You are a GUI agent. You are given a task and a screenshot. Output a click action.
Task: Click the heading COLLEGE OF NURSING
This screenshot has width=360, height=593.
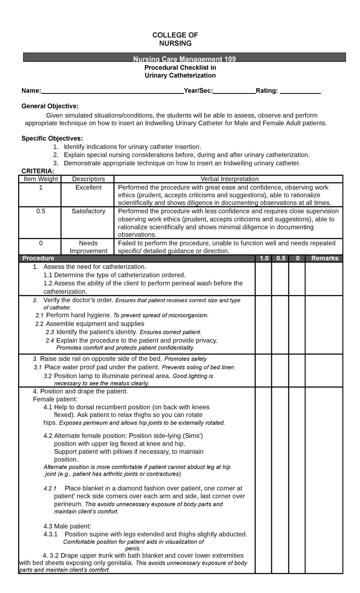click(175, 39)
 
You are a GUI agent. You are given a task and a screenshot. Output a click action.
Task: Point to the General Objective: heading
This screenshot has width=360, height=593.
click(50, 106)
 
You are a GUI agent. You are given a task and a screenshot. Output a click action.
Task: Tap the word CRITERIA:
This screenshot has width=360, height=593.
click(38, 171)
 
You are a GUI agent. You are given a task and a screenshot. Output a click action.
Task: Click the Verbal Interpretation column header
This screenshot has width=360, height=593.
click(229, 179)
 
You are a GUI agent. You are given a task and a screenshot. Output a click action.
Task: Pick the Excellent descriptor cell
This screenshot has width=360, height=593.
click(88, 188)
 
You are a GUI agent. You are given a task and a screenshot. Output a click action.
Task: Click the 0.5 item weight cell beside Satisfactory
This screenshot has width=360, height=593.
click(41, 211)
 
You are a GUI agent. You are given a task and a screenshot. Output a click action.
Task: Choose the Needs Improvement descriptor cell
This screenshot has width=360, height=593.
click(88, 247)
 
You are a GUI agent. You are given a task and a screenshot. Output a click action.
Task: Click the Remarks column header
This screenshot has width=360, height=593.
click(325, 258)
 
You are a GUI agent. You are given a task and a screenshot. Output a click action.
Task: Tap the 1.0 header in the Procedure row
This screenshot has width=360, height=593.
click(264, 258)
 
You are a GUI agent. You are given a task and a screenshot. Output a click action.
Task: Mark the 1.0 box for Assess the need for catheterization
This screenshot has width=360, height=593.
click(264, 279)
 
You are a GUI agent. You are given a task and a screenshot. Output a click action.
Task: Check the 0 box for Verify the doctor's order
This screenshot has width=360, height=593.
click(297, 325)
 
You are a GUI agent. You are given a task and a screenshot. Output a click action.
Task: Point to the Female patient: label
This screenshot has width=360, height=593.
click(55, 399)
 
